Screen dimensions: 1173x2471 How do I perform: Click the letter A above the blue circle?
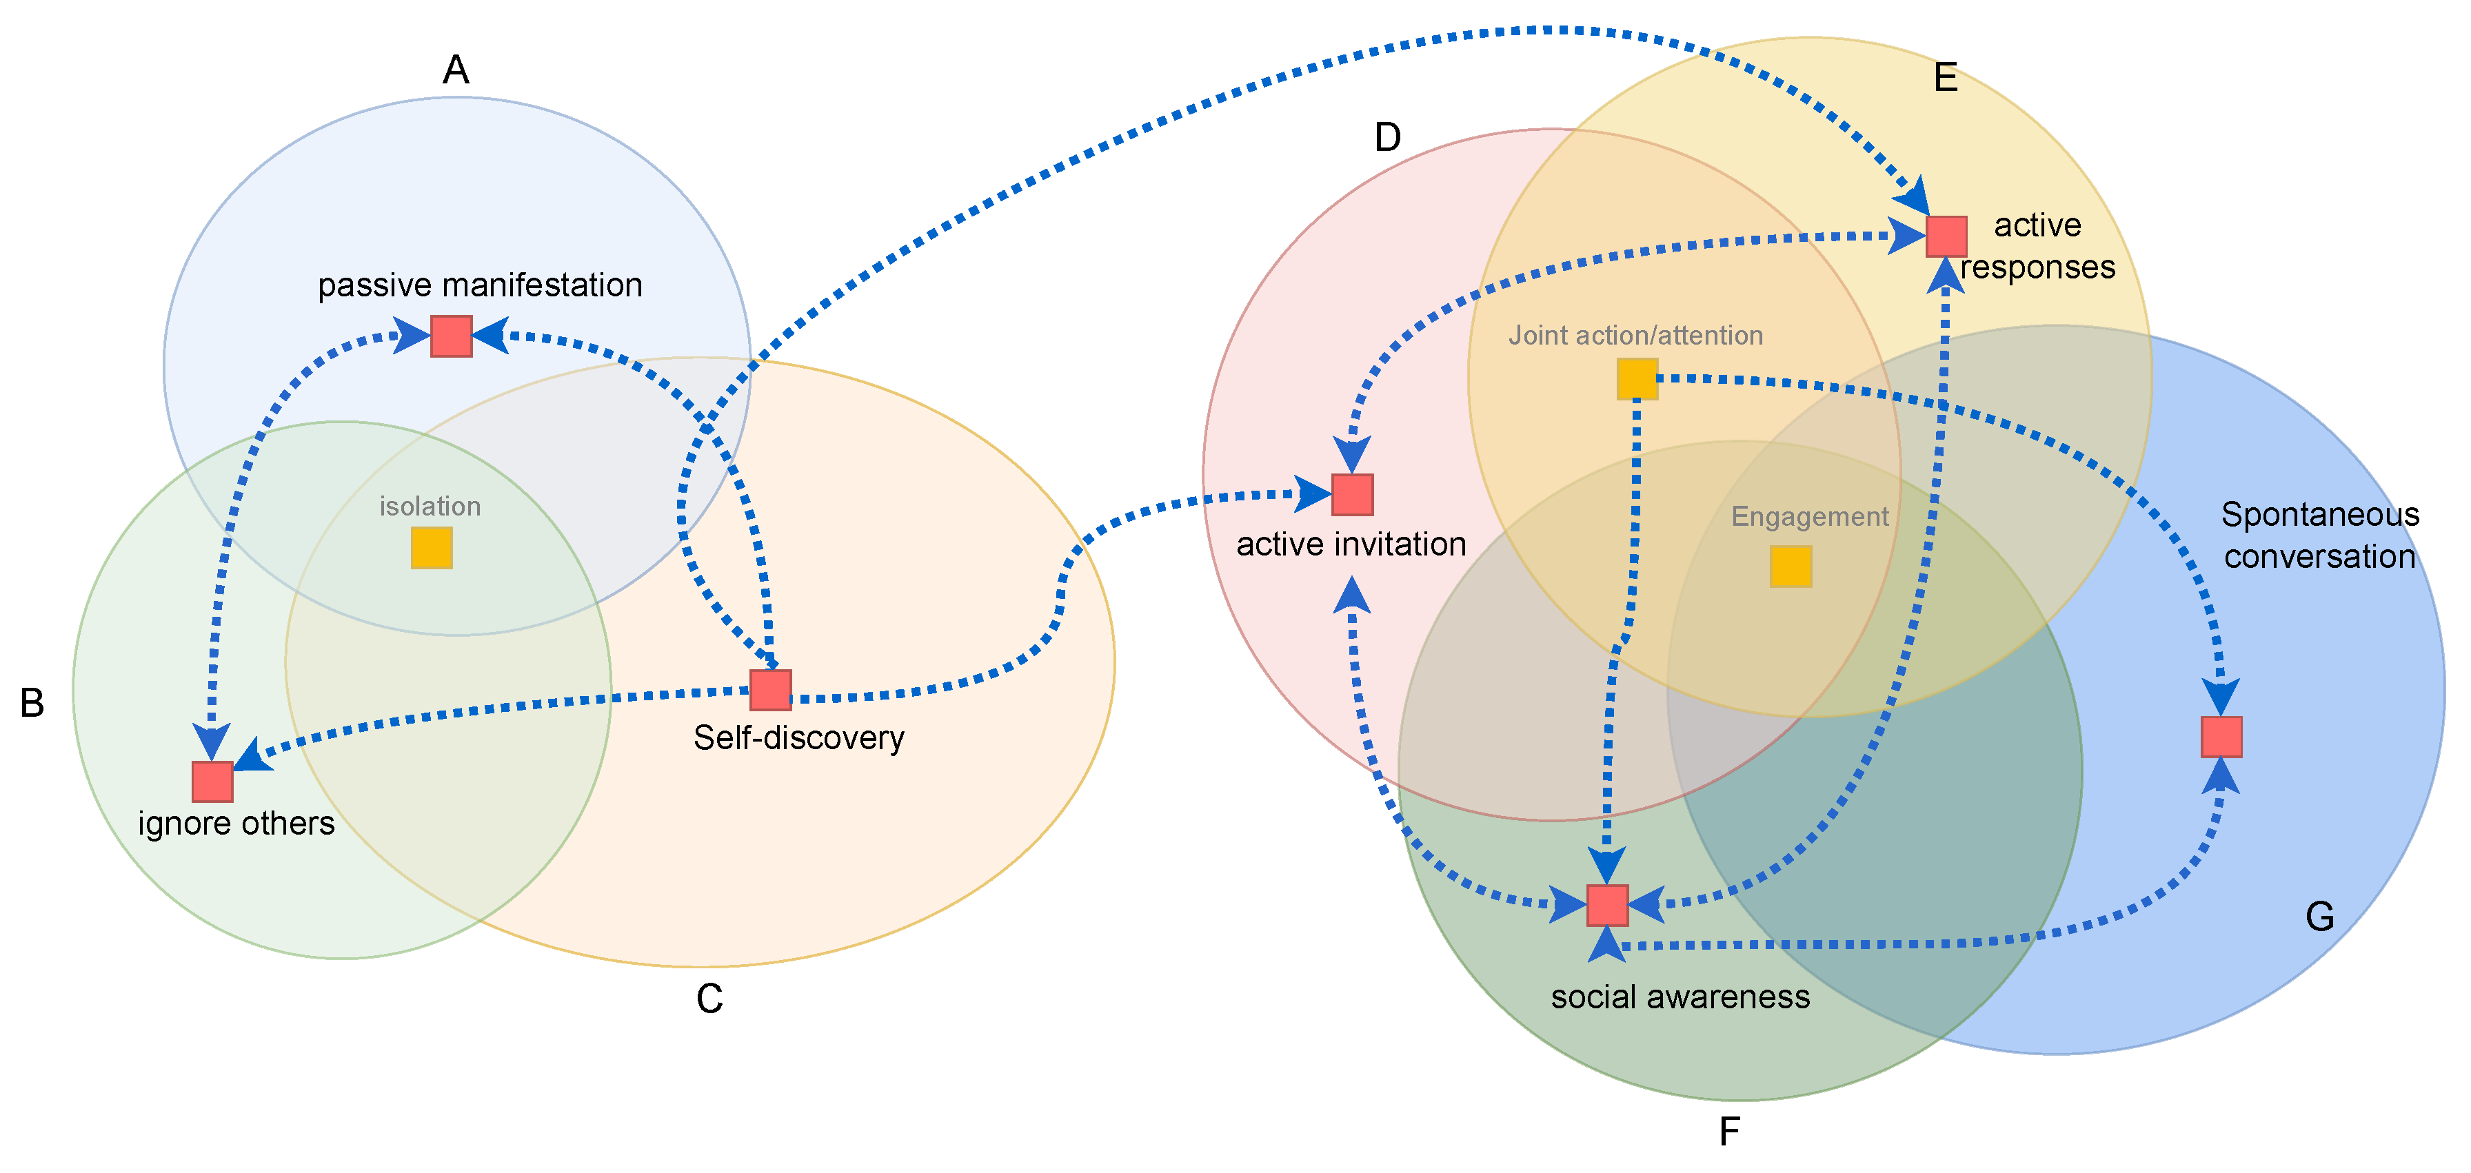pyautogui.click(x=456, y=70)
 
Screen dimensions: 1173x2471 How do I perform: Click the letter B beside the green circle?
pyautogui.click(x=32, y=703)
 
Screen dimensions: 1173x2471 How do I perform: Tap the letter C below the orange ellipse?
pyautogui.click(x=709, y=999)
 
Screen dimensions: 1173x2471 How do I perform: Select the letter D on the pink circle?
pyautogui.click(x=1387, y=138)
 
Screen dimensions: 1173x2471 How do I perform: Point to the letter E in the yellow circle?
pyautogui.click(x=1946, y=78)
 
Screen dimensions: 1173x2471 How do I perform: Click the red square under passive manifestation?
pyautogui.click(x=451, y=336)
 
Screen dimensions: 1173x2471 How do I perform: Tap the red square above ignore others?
pyautogui.click(x=212, y=782)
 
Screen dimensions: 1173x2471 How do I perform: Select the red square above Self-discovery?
pyautogui.click(x=770, y=691)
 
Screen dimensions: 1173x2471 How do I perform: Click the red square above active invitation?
pyautogui.click(x=1353, y=495)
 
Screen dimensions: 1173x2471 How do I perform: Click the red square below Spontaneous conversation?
pyautogui.click(x=2221, y=737)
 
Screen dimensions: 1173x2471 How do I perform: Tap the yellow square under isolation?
pyautogui.click(x=432, y=549)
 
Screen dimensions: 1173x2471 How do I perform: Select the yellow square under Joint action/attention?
pyautogui.click(x=1637, y=379)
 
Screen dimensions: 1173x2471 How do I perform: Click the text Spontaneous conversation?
pyautogui.click(x=2319, y=536)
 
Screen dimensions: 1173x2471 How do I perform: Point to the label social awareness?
pyautogui.click(x=1680, y=997)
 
